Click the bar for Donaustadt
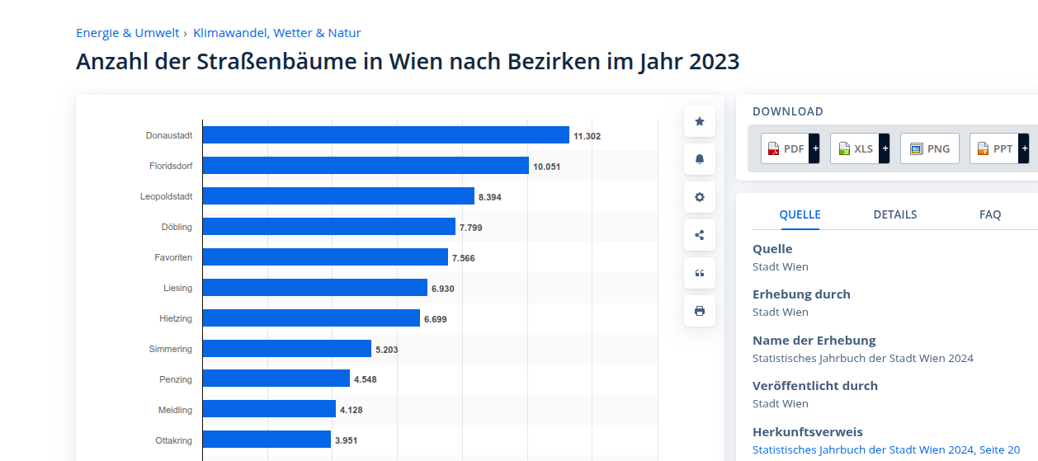385,135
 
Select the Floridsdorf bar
366,166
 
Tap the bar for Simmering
286,349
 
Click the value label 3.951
347,440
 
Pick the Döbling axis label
177,227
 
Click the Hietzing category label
175,318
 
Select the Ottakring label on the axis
173,440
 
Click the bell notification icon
700,159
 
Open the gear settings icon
700,197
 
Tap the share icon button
700,235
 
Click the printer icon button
700,311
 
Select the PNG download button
930,148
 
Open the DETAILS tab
895,214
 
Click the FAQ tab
990,214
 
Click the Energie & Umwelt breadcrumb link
128,33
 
